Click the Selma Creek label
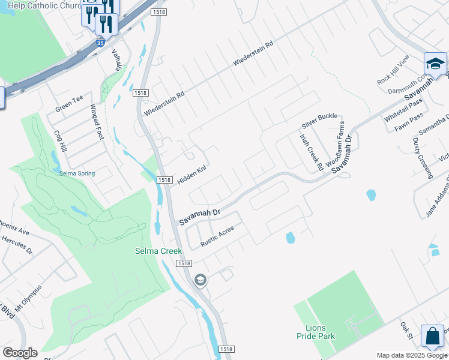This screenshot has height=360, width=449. [158, 251]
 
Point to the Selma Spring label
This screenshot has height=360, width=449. [77, 173]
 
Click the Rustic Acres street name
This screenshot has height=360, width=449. [217, 237]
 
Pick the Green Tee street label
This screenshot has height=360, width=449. [69, 104]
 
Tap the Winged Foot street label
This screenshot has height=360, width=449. [97, 122]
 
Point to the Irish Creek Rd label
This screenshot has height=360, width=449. [312, 151]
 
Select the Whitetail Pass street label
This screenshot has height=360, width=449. [404, 110]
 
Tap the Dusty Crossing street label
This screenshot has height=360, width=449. [423, 158]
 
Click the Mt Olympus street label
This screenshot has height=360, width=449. [28, 298]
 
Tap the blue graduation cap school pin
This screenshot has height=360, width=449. [435, 64]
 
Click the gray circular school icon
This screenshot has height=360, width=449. [200, 280]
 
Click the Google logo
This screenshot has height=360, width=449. [20, 353]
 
